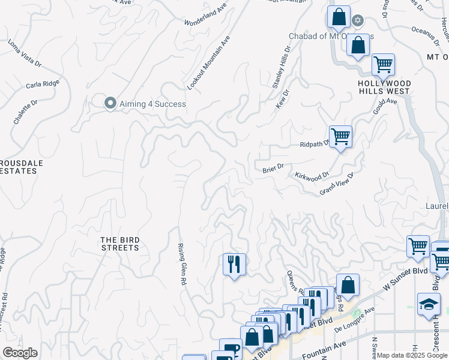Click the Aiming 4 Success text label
[x=152, y=104]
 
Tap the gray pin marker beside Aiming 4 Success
[x=110, y=103]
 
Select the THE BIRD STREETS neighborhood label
[x=119, y=244]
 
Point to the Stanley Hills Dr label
[x=282, y=68]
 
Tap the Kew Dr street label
[x=282, y=99]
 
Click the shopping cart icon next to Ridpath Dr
[x=340, y=137]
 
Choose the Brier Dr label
[x=273, y=170]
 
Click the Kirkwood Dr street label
[x=312, y=176]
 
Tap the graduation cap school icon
[x=429, y=304]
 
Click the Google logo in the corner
[x=20, y=353]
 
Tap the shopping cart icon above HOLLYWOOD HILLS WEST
[x=382, y=64]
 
